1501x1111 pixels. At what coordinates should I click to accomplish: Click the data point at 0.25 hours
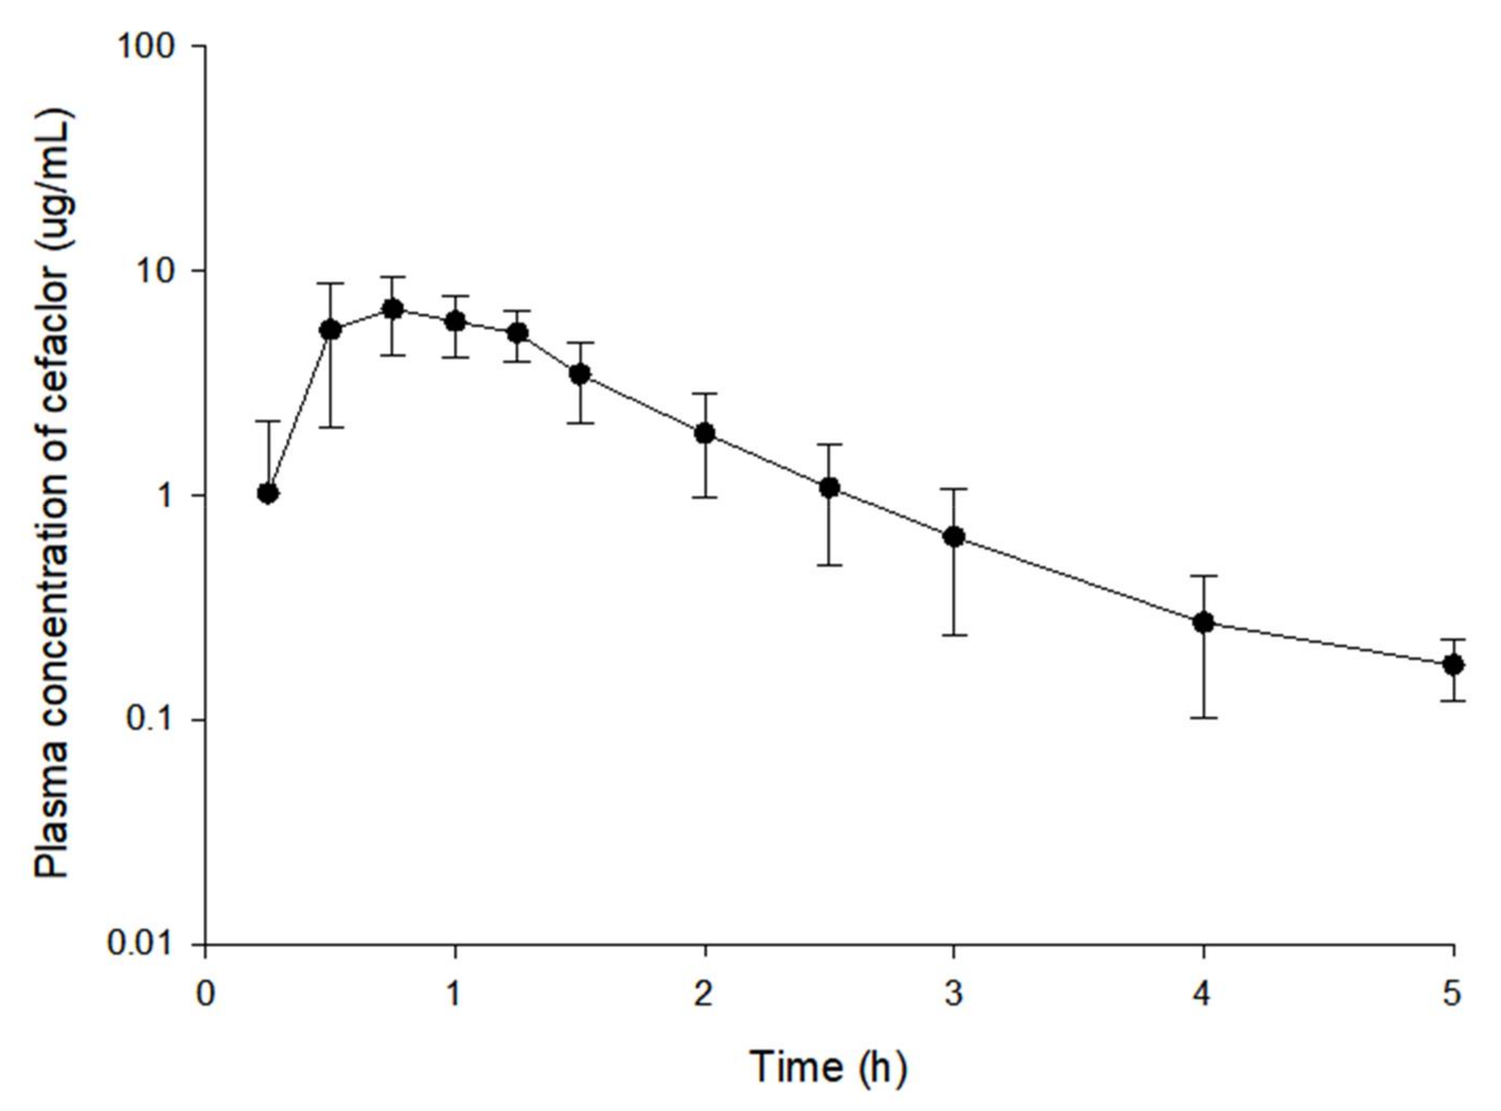[x=268, y=493]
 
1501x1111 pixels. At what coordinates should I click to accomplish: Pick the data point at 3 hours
[x=953, y=536]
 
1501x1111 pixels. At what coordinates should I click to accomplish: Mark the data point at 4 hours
[x=1203, y=622]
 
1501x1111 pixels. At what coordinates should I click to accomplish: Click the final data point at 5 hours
[x=1453, y=665]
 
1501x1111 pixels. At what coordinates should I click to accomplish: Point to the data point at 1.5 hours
[x=580, y=375]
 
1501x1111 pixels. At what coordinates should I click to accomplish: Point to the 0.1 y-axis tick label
[x=155, y=721]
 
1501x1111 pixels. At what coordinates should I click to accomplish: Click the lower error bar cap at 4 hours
[x=1203, y=718]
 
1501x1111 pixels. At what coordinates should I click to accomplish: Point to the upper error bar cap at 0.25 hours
[x=268, y=422]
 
